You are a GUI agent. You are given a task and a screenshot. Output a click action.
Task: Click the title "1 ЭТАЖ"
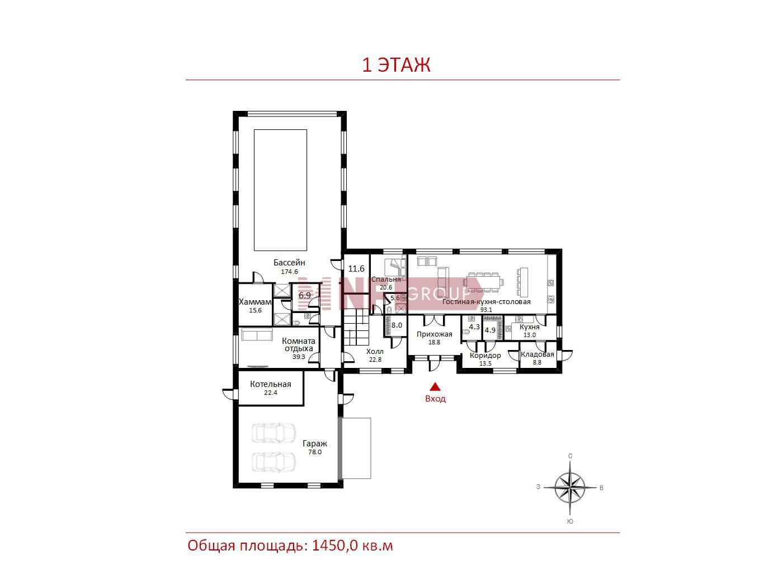click(396, 65)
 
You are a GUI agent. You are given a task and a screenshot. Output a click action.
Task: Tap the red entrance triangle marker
click(435, 386)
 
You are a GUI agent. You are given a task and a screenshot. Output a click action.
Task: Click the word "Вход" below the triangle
click(435, 399)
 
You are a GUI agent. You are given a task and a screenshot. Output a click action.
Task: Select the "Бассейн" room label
click(289, 263)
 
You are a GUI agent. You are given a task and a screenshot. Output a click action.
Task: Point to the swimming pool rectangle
click(280, 190)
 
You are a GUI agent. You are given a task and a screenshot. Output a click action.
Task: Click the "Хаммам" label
click(254, 302)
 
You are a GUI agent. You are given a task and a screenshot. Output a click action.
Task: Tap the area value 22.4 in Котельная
click(270, 393)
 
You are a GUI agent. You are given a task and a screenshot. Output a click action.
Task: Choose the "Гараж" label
click(315, 444)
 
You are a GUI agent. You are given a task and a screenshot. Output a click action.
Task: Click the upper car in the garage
click(273, 433)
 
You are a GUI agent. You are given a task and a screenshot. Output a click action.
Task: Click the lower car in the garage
click(273, 462)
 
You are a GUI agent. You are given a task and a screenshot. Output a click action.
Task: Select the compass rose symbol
click(570, 488)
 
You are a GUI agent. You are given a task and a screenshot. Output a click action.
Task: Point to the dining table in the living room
click(483, 282)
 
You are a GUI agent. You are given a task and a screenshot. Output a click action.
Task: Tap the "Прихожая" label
click(434, 334)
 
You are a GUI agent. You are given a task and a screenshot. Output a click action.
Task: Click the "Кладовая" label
click(537, 354)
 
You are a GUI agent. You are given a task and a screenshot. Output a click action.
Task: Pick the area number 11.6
click(356, 268)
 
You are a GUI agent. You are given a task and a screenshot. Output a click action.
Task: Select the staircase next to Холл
click(357, 327)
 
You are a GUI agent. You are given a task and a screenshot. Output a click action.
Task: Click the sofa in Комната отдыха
click(256, 335)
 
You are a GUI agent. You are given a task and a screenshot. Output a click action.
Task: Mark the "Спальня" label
click(386, 279)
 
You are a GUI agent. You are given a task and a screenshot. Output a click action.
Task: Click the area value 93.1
click(486, 310)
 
